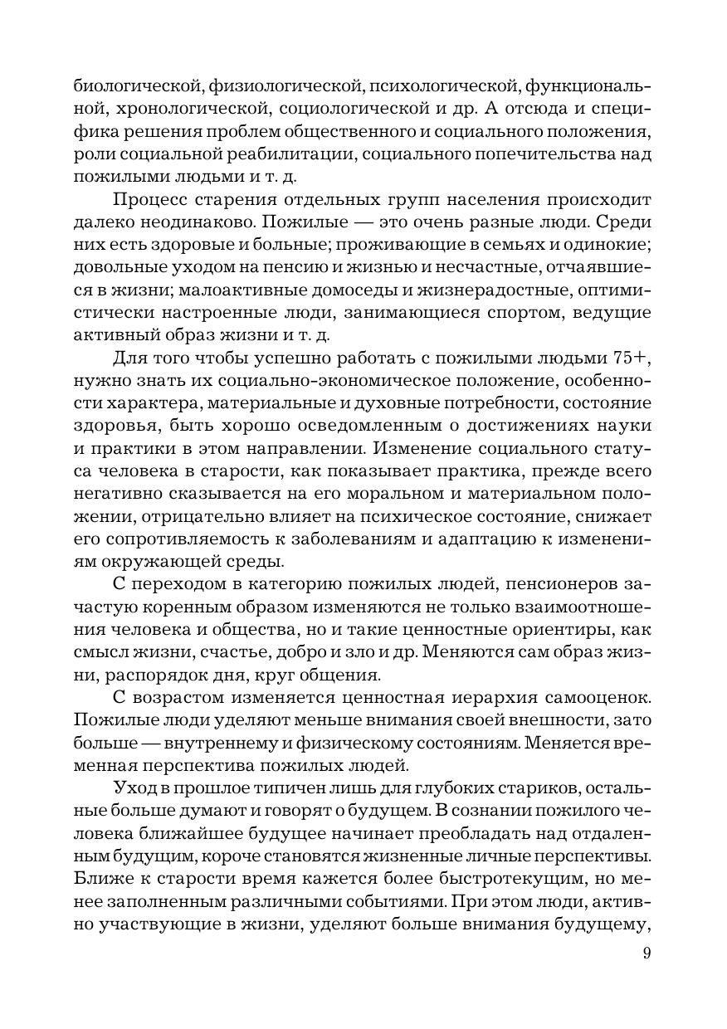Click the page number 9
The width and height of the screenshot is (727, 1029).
click(x=646, y=953)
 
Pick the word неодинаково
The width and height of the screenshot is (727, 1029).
click(x=170, y=224)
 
